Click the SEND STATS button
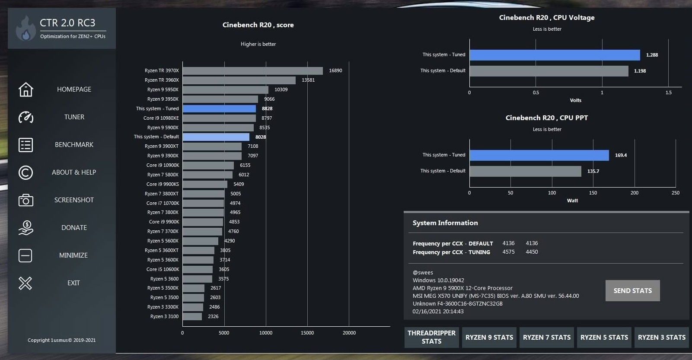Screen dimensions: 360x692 coord(632,290)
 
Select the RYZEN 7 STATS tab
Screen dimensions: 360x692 coord(546,337)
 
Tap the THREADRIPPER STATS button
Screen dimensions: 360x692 coord(431,337)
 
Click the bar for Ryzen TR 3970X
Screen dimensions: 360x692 coord(252,70)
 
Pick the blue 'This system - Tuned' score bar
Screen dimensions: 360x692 coord(219,108)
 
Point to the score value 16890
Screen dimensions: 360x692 coord(335,70)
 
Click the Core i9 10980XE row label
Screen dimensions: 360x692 coord(161,118)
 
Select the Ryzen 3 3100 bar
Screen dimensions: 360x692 coord(192,316)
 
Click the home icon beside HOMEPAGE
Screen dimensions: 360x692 coord(26,89)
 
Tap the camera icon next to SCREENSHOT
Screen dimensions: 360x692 coord(26,200)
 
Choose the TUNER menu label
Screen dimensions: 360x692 coord(74,117)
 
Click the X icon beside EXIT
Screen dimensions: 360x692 coord(26,283)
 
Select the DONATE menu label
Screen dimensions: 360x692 coord(74,228)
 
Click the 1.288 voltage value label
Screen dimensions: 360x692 coord(652,55)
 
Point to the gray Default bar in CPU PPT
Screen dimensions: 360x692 coord(525,171)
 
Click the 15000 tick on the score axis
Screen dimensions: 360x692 coord(307,333)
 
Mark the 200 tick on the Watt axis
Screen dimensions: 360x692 coord(634,193)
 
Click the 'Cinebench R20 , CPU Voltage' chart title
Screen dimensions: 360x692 coord(547,18)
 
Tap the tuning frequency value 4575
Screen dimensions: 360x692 coord(508,252)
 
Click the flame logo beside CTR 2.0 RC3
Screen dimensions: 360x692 coord(26,29)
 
